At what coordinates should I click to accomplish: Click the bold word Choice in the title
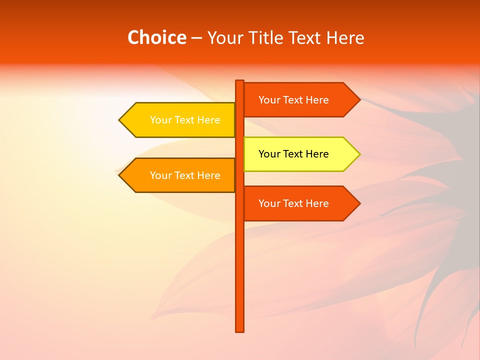156,37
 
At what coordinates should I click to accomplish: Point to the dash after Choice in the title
196,38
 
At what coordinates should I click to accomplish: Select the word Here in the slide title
345,37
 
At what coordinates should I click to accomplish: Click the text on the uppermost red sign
293,100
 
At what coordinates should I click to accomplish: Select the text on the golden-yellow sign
185,120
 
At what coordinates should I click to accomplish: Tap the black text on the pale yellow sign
293,154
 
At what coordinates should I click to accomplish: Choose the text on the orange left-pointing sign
185,175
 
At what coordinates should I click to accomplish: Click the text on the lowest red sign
293,203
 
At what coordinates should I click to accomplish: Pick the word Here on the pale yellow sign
317,154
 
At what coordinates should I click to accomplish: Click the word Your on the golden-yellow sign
160,120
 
